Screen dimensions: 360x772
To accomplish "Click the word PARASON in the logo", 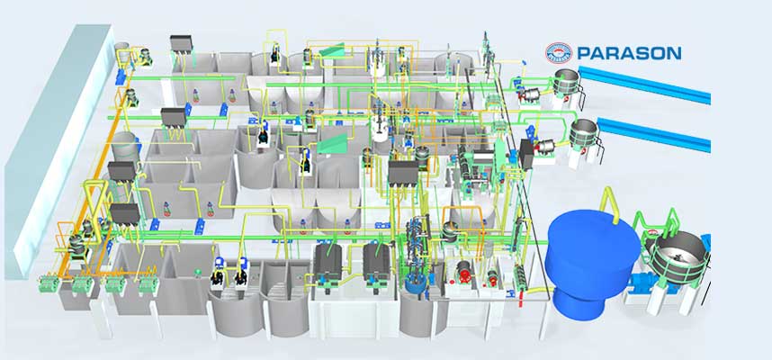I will (630, 53).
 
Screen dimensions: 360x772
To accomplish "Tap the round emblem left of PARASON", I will (560, 53).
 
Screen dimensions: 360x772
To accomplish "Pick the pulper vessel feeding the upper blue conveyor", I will (566, 82).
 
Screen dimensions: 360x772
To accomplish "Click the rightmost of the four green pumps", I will (144, 286).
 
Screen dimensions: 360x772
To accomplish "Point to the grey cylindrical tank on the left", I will (125, 148).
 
